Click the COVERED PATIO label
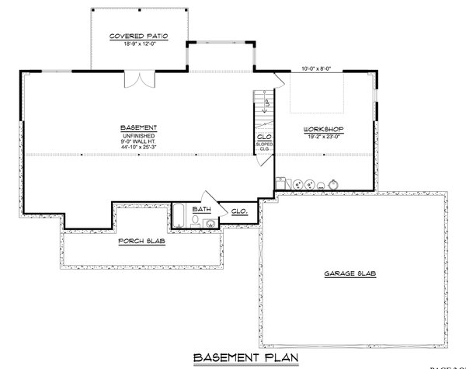(x=140, y=37)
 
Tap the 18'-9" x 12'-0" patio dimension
(x=140, y=45)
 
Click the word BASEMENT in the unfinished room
(x=140, y=127)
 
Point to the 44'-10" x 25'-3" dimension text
(x=140, y=148)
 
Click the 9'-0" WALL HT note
(x=140, y=141)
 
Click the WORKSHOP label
(x=325, y=128)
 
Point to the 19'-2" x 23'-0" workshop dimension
(x=325, y=136)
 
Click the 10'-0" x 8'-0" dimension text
(x=317, y=69)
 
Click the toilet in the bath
(x=195, y=221)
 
